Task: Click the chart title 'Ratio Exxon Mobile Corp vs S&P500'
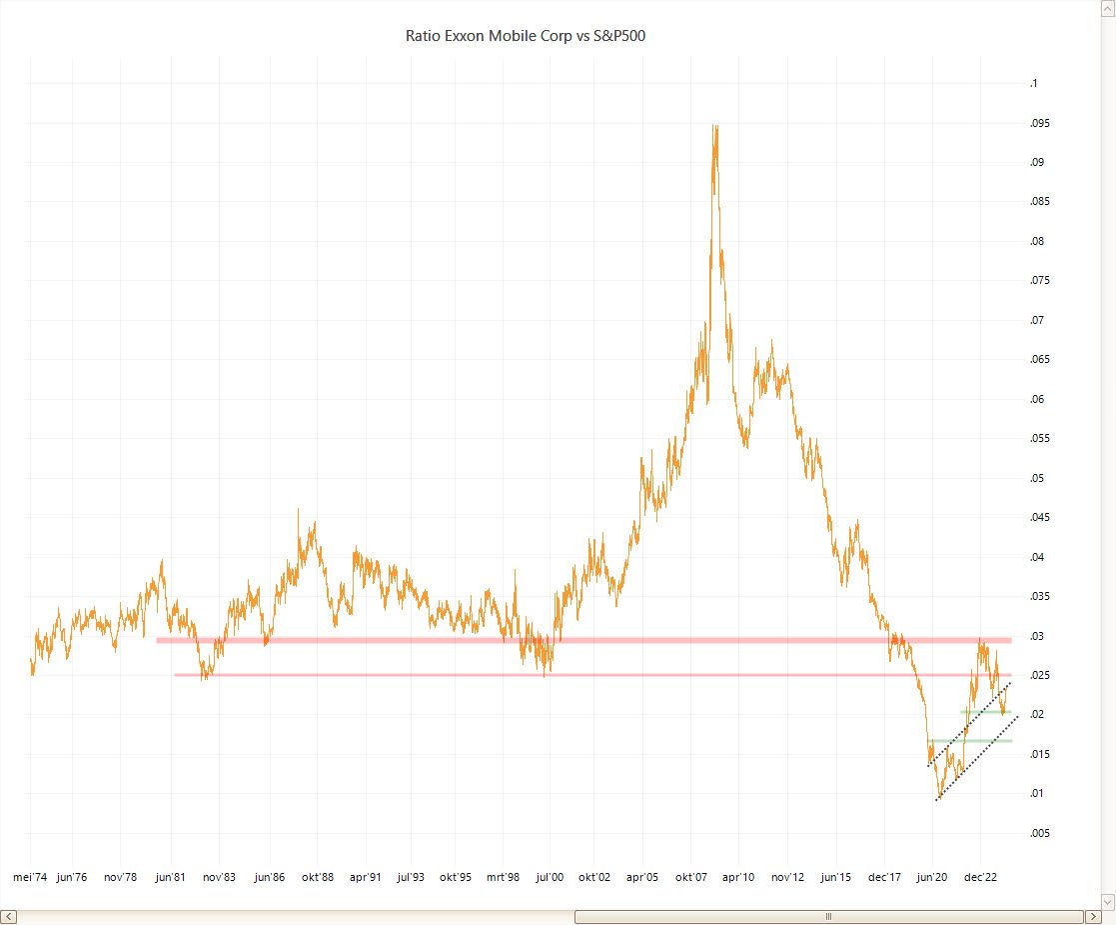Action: tap(532, 36)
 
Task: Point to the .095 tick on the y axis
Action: tap(1040, 123)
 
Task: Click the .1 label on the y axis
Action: tap(1034, 84)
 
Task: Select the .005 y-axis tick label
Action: tap(1040, 833)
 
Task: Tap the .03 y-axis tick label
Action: tap(1037, 636)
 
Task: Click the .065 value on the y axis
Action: tap(1040, 360)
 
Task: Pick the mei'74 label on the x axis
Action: tap(30, 877)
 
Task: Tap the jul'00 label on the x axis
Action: tap(550, 877)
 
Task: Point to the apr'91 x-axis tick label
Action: tap(365, 877)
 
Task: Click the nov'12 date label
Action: tap(787, 877)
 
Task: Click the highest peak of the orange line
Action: tap(714, 126)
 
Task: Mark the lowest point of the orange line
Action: tap(937, 800)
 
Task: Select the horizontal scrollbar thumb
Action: tap(827, 916)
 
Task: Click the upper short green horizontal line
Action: tap(985, 712)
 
